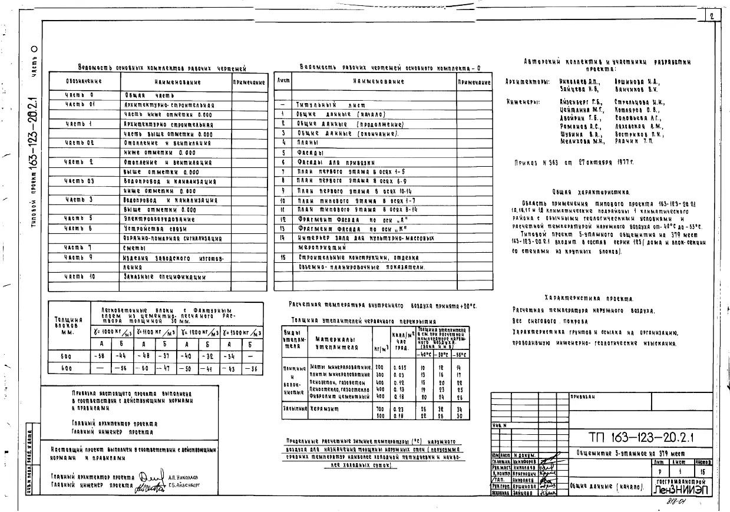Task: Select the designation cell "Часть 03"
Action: click(x=80, y=181)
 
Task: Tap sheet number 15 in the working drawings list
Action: click(x=283, y=257)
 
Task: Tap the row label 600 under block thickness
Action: click(x=66, y=368)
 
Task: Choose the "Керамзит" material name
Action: click(x=325, y=408)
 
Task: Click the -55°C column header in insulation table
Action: click(x=461, y=355)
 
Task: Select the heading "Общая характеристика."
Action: click(x=592, y=191)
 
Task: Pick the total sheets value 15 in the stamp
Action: click(x=704, y=473)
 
